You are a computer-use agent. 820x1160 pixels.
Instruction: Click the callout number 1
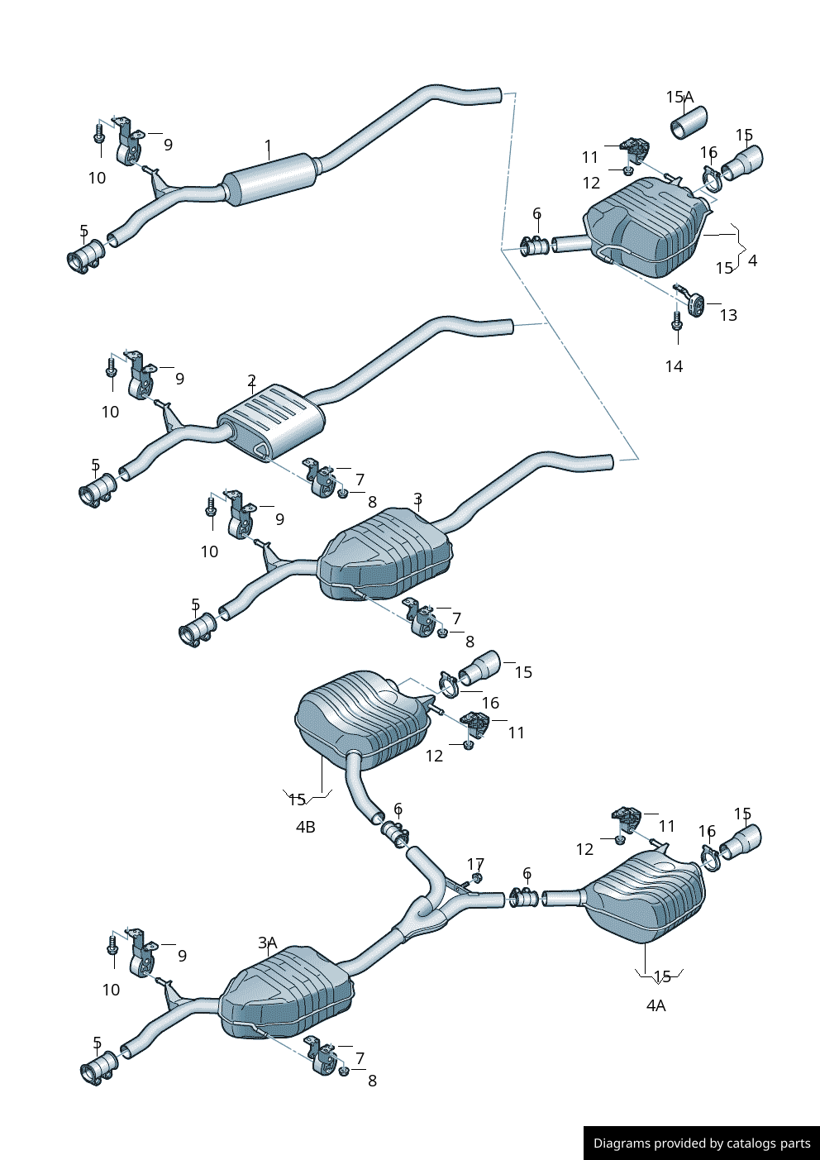[268, 148]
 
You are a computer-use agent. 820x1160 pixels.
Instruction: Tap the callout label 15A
[679, 98]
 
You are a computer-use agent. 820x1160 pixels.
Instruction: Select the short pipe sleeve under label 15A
[689, 123]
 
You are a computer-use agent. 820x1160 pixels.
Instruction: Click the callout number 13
[728, 315]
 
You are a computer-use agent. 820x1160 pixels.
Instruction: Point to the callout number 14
[674, 366]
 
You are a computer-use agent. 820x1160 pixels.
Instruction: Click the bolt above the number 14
[677, 321]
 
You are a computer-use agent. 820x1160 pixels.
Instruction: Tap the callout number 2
[251, 381]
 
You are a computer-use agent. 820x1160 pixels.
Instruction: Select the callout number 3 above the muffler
[417, 499]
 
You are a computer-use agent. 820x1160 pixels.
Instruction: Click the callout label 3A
[267, 943]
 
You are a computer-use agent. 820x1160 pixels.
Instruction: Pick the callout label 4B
[305, 827]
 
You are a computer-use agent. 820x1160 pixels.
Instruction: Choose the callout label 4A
[656, 1005]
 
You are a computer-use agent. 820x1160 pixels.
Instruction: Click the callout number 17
[475, 864]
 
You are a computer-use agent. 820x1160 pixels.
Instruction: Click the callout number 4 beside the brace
[752, 260]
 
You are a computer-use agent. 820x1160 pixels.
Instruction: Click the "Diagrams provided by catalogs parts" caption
[702, 1143]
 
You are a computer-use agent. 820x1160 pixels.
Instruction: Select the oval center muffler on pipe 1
[270, 178]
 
